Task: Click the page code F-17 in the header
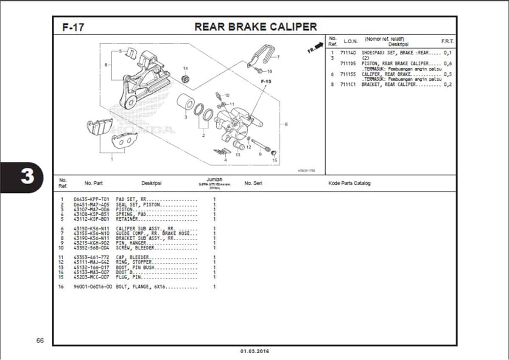coord(73,27)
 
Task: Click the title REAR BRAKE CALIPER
coord(255,27)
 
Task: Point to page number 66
coord(40,341)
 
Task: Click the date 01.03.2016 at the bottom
coord(255,352)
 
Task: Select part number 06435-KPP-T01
coord(91,199)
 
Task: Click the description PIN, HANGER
coord(131,243)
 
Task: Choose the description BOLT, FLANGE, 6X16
coord(140,287)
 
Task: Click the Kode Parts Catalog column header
coord(349,183)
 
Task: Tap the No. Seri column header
coord(253,183)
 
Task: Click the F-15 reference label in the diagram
coord(266,81)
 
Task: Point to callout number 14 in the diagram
coord(185,68)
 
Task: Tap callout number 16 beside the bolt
coord(270,71)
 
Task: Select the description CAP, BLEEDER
coord(132,258)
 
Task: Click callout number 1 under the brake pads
coord(112,160)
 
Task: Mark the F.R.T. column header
coord(447,41)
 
